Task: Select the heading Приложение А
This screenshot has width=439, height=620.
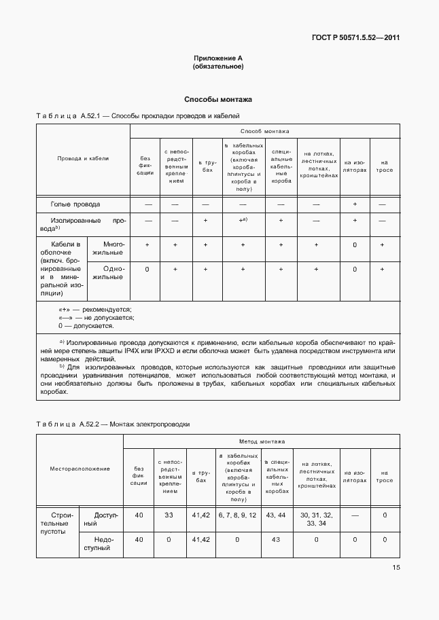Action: click(x=218, y=59)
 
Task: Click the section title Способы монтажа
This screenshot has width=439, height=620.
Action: click(x=218, y=98)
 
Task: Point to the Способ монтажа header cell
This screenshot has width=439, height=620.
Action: click(x=264, y=131)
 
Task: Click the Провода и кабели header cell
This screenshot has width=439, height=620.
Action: click(x=83, y=158)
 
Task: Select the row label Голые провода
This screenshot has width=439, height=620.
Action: click(x=75, y=204)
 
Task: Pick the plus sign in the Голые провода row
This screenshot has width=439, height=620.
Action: click(x=355, y=204)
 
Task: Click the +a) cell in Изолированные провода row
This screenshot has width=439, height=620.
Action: click(x=242, y=221)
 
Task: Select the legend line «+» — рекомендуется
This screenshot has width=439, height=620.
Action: click(x=95, y=310)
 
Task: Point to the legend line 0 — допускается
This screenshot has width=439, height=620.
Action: click(x=86, y=326)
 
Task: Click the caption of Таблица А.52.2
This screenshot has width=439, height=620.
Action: click(x=113, y=424)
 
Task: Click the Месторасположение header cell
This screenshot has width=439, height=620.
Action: click(x=80, y=469)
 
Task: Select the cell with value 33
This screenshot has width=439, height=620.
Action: click(x=169, y=515)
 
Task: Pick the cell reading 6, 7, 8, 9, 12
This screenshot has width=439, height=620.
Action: click(x=237, y=515)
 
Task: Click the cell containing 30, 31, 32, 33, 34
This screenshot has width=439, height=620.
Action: click(x=317, y=519)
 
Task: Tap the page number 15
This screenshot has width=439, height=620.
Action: click(x=396, y=568)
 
